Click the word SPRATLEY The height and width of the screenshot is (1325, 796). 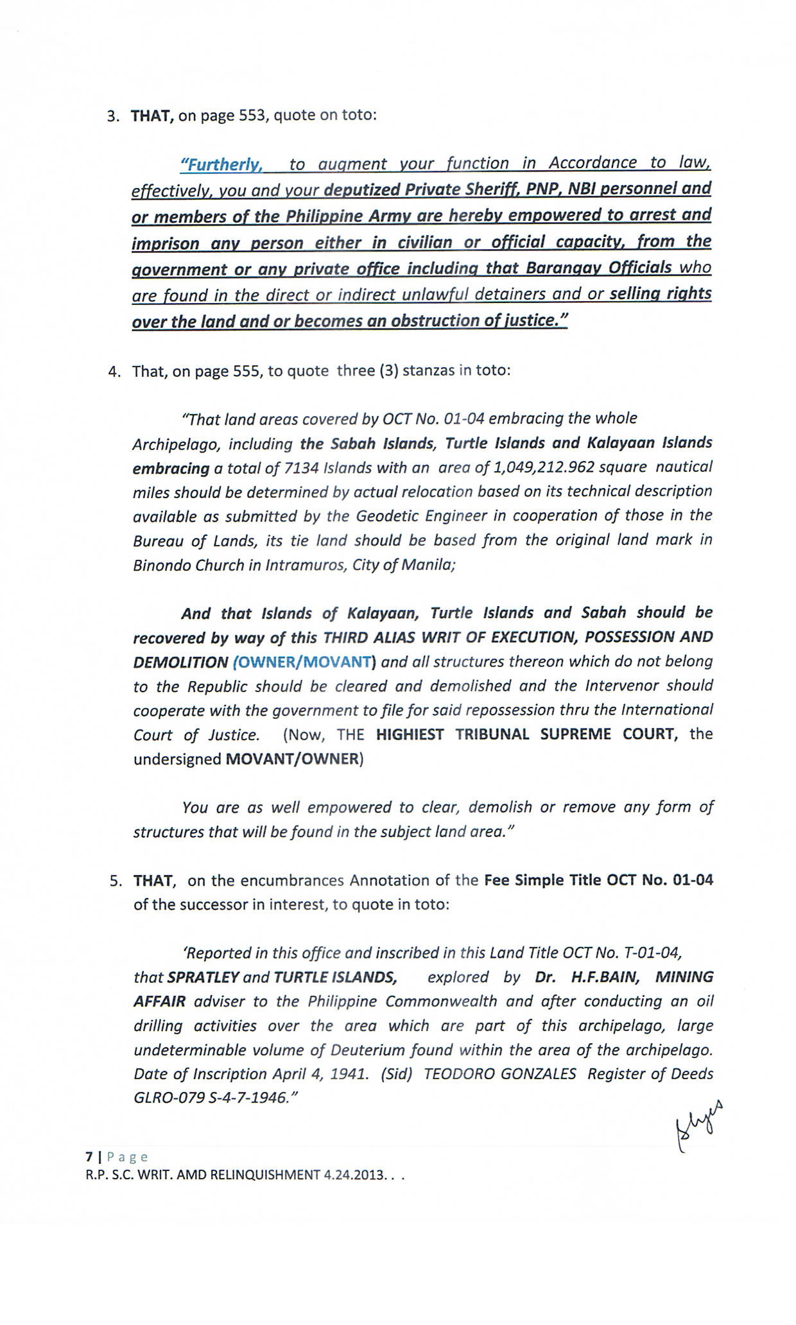pyautogui.click(x=202, y=977)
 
